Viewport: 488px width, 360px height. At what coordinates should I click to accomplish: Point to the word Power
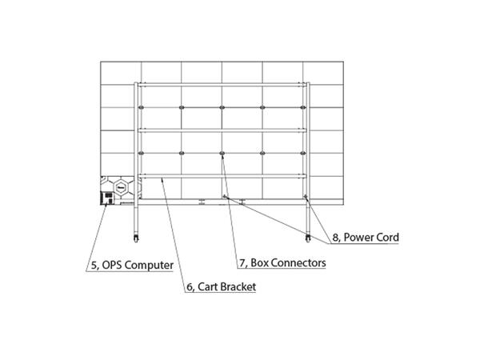361,238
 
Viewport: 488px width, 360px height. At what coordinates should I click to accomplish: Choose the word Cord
388,238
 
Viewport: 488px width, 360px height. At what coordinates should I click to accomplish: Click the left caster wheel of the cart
136,238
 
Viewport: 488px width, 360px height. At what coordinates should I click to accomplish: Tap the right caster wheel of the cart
307,238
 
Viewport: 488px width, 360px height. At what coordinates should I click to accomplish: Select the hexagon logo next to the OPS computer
122,189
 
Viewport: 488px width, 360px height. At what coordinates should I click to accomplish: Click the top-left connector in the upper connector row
141,106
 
